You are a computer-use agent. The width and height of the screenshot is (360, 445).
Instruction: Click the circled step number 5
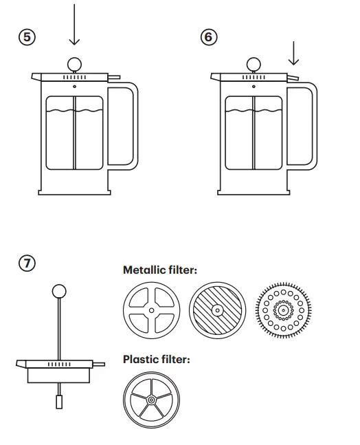coord(27,37)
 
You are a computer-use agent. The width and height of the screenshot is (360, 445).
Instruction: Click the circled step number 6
coord(207,37)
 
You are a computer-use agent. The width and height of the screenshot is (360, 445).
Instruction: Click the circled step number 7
coord(27,262)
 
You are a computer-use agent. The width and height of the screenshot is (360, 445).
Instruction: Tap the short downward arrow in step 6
coord(294,54)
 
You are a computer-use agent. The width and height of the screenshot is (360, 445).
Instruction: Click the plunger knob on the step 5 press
coord(74,64)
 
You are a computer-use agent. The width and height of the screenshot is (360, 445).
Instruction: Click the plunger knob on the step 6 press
coord(254,64)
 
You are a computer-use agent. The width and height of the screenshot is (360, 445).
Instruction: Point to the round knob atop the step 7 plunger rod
coord(59,291)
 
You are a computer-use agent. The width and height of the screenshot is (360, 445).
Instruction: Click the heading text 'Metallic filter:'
coord(159,270)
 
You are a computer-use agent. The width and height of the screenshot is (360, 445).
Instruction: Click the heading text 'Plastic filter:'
coord(156,359)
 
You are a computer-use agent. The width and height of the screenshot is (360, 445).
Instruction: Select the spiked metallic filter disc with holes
coord(282,310)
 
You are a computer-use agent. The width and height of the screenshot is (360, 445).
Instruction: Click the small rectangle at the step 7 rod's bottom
coord(59,400)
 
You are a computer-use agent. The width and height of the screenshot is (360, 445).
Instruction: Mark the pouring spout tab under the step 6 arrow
coord(294,78)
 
